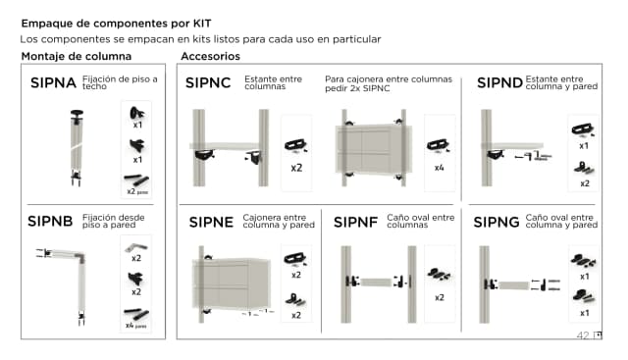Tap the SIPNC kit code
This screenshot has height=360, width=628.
[x=208, y=83]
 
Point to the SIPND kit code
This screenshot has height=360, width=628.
[x=499, y=83]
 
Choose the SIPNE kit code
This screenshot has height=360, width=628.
[x=208, y=223]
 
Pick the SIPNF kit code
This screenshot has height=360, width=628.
[x=355, y=223]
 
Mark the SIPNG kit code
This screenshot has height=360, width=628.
[x=497, y=223]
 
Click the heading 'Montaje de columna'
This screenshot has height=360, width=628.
[x=77, y=57]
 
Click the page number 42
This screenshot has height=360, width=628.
[x=582, y=335]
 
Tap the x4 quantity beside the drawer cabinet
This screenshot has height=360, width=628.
[x=439, y=168]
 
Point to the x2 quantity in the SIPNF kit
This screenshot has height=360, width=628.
[x=439, y=297]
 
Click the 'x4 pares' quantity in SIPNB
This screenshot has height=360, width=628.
[x=135, y=325]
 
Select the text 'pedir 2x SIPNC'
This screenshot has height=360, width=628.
[x=357, y=88]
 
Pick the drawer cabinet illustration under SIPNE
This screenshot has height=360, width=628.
[x=234, y=280]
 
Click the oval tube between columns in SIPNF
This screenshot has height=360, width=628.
[x=377, y=283]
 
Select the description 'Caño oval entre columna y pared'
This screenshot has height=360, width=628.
[x=560, y=221]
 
